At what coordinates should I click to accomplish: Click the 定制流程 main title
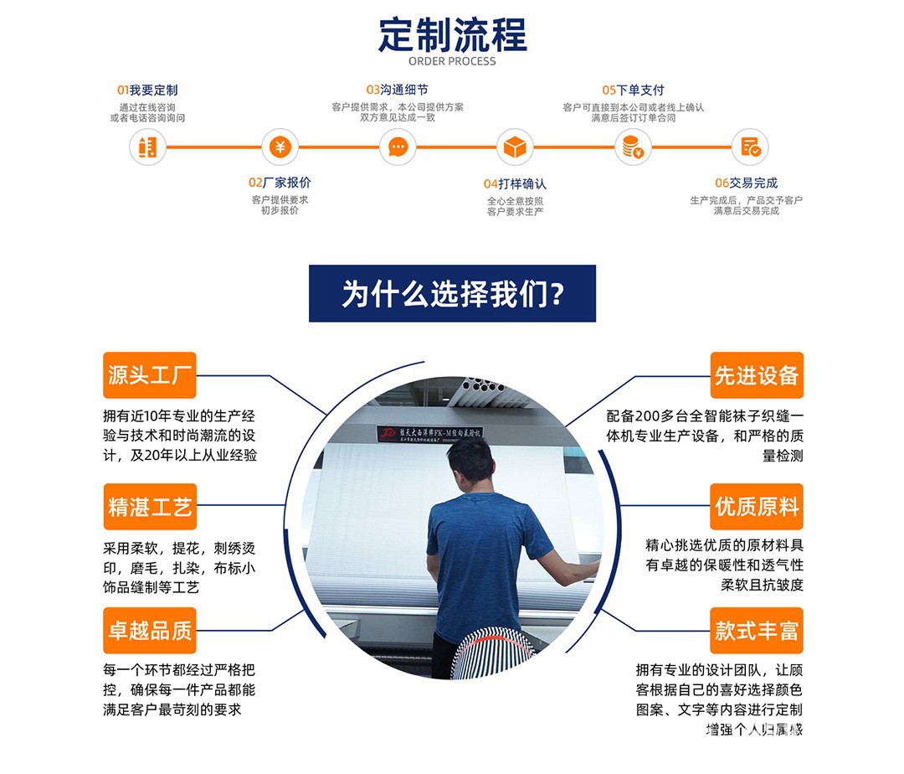[452, 34]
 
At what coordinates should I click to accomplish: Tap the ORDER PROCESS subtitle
[452, 61]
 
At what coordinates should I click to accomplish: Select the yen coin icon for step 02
[280, 147]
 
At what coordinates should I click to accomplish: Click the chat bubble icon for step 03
[398, 147]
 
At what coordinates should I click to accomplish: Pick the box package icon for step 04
[514, 147]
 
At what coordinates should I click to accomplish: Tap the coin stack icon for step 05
[632, 147]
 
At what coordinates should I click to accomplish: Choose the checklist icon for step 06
[749, 147]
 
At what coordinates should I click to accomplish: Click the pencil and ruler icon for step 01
[147, 147]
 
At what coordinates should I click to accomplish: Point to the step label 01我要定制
[147, 90]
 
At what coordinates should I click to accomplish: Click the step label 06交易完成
[746, 183]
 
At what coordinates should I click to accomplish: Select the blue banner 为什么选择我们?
[452, 294]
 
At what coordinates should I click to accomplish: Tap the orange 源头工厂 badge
[149, 375]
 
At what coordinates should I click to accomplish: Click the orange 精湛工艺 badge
[149, 507]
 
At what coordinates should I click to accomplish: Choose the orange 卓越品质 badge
[149, 631]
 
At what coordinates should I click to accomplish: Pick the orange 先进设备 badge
[756, 375]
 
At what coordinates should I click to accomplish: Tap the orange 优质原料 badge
[756, 507]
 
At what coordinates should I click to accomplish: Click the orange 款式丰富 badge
[756, 631]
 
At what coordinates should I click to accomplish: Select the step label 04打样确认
[515, 183]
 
